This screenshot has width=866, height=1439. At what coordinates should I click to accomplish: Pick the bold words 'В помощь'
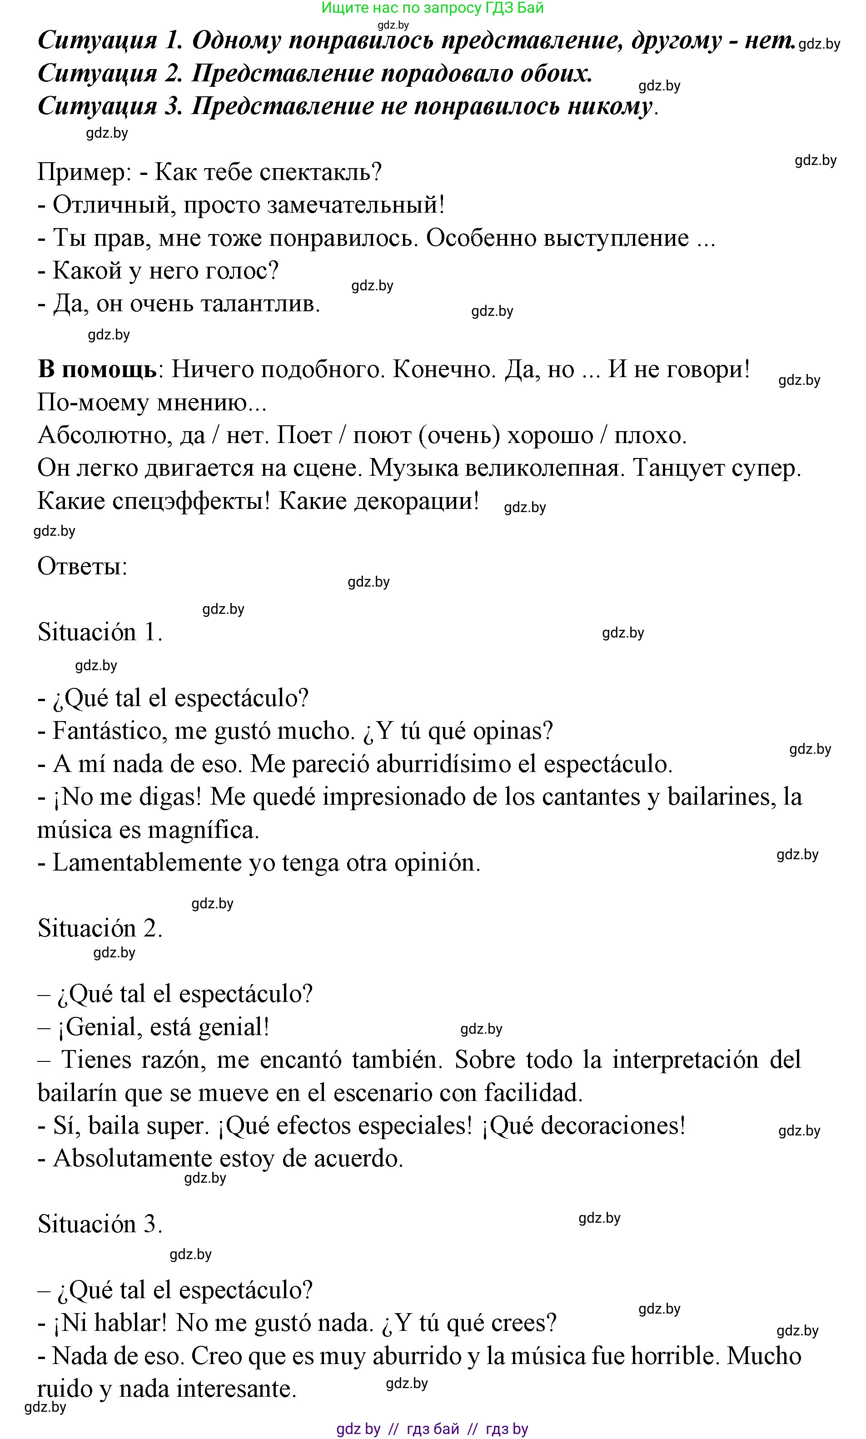pyautogui.click(x=97, y=369)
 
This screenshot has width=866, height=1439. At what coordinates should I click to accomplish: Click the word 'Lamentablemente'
pyautogui.click(x=146, y=862)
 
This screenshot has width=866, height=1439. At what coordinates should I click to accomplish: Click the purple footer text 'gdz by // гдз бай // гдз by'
pyautogui.click(x=433, y=1429)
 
